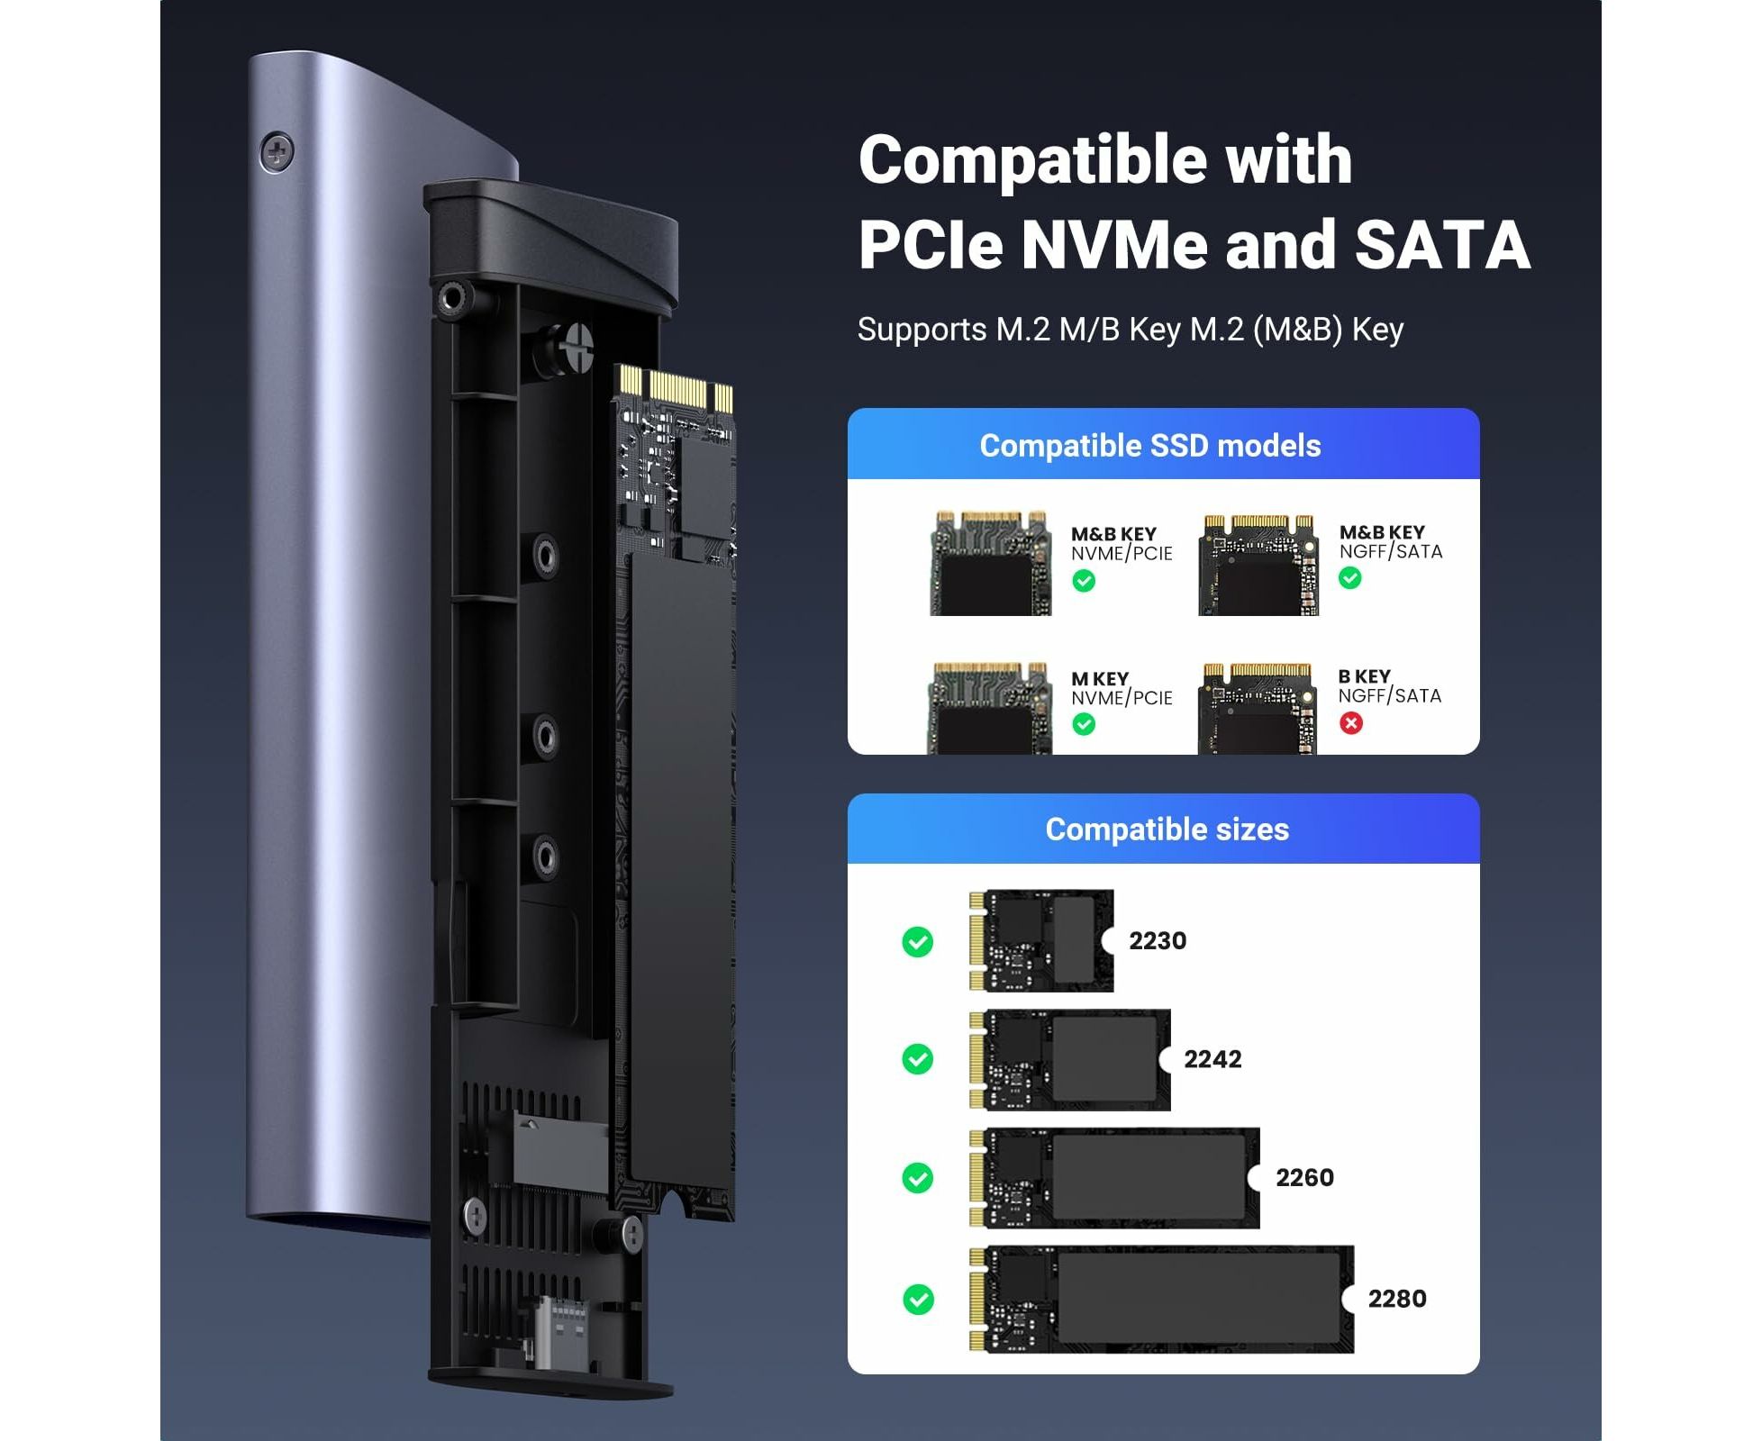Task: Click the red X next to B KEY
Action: [x=1350, y=722]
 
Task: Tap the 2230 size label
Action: [x=1157, y=940]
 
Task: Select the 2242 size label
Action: [x=1212, y=1059]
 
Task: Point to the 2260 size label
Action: [x=1303, y=1177]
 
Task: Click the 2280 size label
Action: [x=1396, y=1299]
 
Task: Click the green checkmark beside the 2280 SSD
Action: [x=918, y=1299]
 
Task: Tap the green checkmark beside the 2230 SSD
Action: [x=918, y=942]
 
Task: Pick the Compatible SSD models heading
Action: [x=1149, y=446]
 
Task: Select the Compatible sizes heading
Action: [x=1167, y=829]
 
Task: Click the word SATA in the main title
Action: [x=1441, y=245]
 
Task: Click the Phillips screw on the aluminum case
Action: [x=277, y=152]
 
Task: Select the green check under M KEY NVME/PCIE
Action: [x=1084, y=724]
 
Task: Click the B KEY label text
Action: [x=1364, y=676]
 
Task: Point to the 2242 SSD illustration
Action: [x=1070, y=1060]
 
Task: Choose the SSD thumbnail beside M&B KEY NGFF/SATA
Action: [x=1258, y=566]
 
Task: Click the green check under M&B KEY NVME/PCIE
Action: [x=1084, y=581]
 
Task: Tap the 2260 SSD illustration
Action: [x=1115, y=1178]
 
